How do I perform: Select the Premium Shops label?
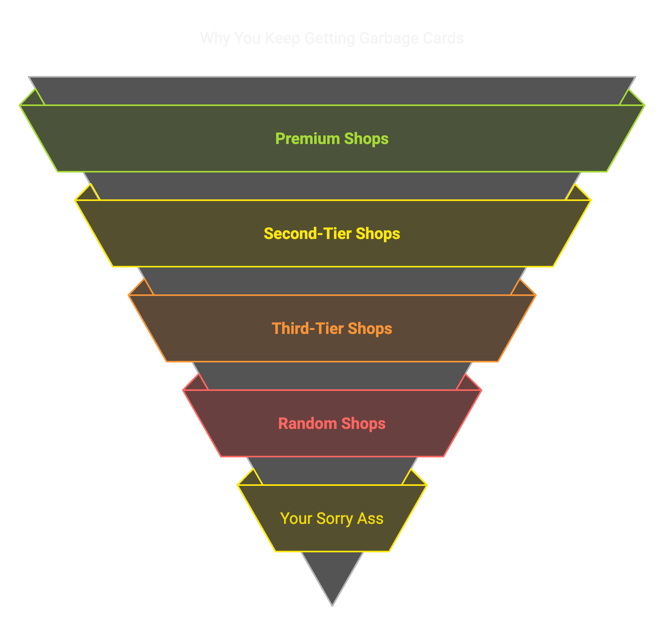pyautogui.click(x=332, y=139)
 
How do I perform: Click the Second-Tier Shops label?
pyautogui.click(x=332, y=234)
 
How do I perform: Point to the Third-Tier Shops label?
pyautogui.click(x=332, y=329)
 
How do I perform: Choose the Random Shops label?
pyautogui.click(x=332, y=424)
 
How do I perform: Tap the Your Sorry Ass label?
pyautogui.click(x=332, y=519)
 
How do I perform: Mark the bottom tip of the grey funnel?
pyautogui.click(x=332, y=604)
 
